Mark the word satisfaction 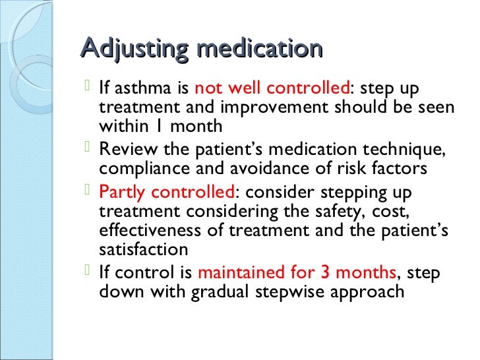coord(143,249)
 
